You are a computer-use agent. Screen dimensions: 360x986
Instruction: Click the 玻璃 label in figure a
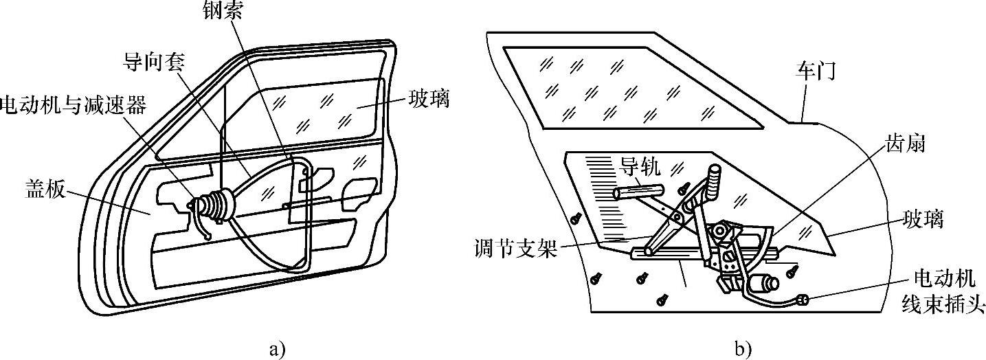[x=429, y=98]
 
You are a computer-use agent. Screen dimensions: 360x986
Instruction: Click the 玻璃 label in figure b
[x=923, y=220]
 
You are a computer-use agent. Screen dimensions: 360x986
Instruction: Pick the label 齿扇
[x=906, y=145]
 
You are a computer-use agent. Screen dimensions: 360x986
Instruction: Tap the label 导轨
[x=640, y=166]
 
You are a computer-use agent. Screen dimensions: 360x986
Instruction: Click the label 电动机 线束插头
[x=943, y=291]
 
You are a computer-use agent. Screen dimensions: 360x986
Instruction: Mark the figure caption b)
[x=743, y=349]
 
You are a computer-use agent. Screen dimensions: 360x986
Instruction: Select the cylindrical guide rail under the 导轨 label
[x=639, y=191]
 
